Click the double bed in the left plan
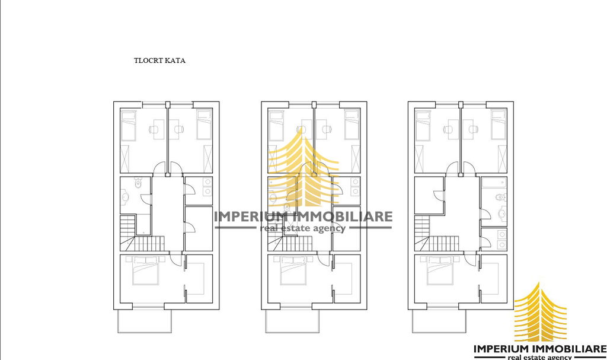[145, 270]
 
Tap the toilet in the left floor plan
[138, 183]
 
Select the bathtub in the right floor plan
[494, 183]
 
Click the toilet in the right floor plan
[500, 197]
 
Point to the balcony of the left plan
[145, 321]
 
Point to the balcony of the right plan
[439, 321]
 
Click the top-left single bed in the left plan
[129, 125]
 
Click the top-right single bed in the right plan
[499, 125]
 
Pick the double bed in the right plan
[439, 270]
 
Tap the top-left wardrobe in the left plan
[125, 158]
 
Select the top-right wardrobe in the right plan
[502, 158]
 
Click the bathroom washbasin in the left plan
[125, 197]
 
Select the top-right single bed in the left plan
[204, 125]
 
